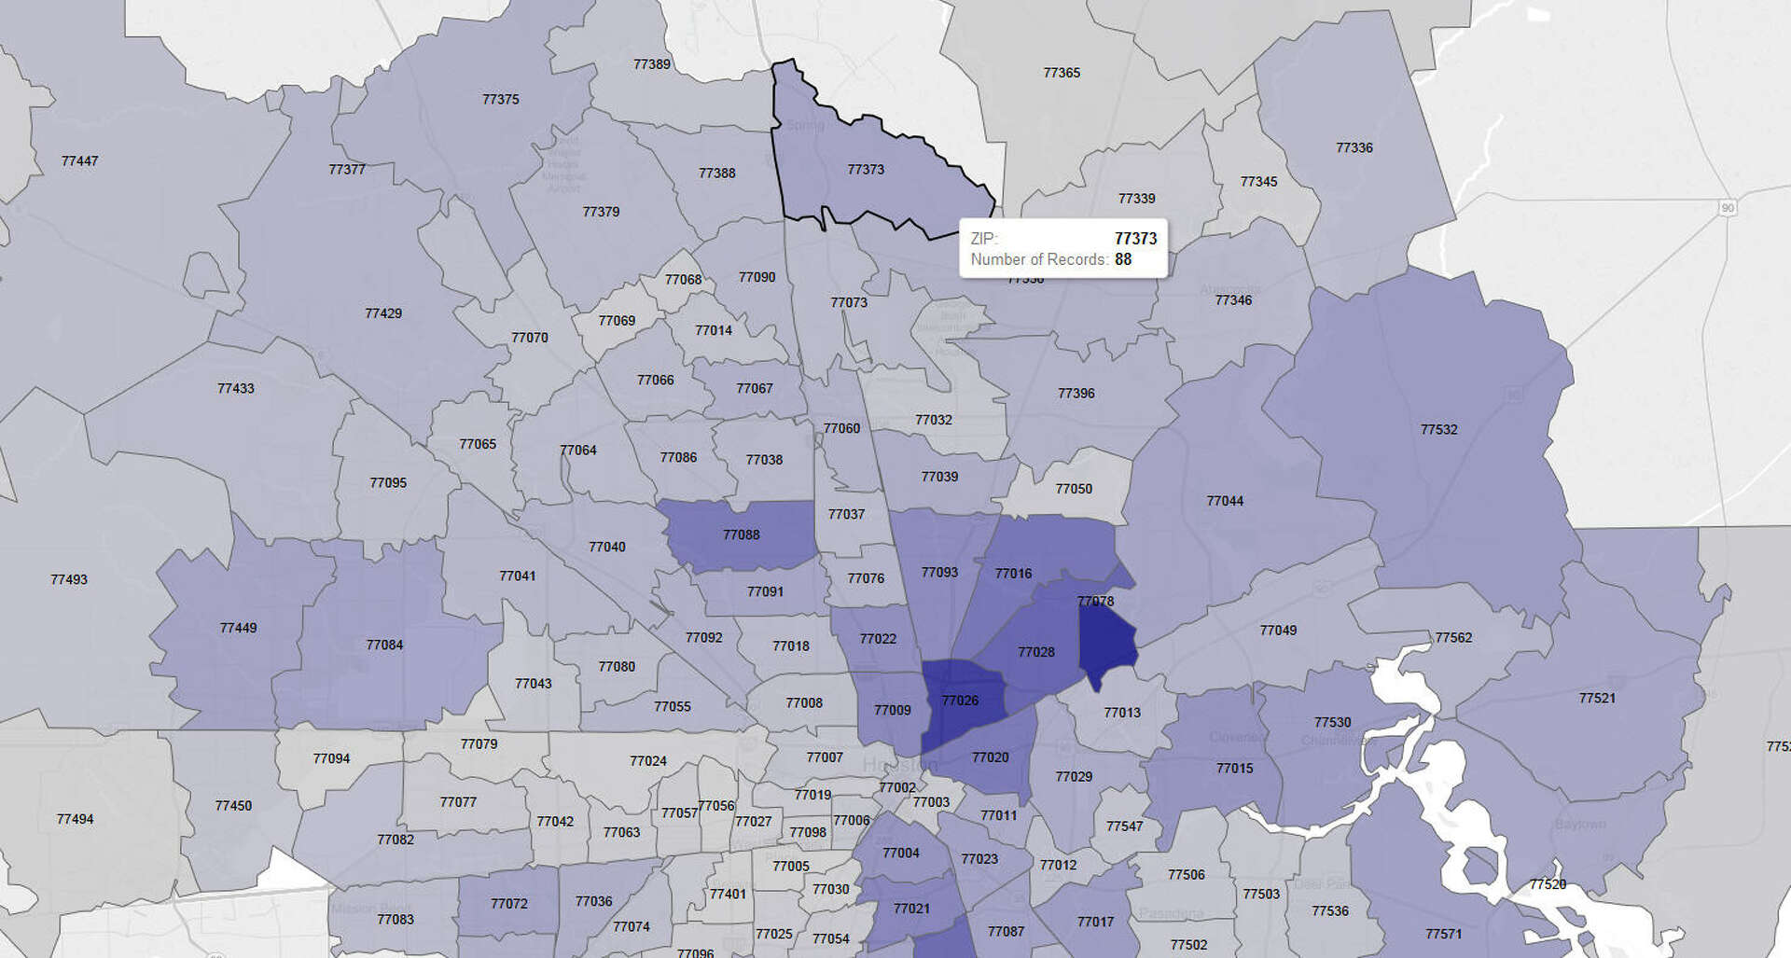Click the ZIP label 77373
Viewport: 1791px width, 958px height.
click(866, 170)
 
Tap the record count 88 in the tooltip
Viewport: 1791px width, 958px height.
click(1123, 259)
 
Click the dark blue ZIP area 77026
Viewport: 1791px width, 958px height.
click(960, 701)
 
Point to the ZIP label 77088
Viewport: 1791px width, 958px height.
click(741, 535)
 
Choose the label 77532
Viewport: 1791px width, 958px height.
click(1438, 430)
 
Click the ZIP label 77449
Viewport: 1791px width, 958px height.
click(238, 629)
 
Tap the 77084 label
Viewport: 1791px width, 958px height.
click(384, 646)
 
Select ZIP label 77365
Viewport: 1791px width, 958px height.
click(1062, 73)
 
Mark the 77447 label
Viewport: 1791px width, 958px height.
click(79, 161)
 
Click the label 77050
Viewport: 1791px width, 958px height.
click(1074, 489)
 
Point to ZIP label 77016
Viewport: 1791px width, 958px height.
click(1013, 574)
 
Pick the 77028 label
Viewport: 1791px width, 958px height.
click(1036, 652)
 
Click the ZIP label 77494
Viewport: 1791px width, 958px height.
click(75, 819)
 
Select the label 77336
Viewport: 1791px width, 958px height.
click(1354, 148)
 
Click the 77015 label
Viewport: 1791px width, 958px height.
click(1234, 769)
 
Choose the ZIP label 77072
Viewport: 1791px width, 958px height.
click(509, 904)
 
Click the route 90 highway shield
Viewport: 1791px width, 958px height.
click(1728, 208)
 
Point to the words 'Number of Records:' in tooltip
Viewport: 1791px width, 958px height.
click(1039, 259)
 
